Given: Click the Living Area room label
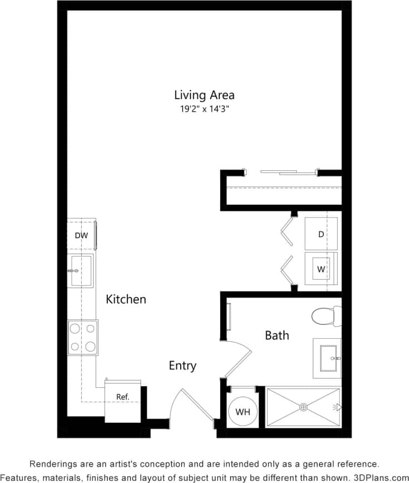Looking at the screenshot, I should (204, 95).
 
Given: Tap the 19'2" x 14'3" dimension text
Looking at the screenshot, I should (204, 109).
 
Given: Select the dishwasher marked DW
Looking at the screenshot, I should (82, 235).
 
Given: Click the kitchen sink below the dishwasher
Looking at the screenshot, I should (81, 270).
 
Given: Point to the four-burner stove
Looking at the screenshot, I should (82, 337).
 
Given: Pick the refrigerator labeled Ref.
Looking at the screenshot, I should (123, 397).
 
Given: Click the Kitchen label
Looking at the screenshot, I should (126, 299).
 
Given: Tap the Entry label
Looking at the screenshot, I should (182, 366).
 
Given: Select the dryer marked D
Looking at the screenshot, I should (321, 234).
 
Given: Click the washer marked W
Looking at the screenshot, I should (321, 269).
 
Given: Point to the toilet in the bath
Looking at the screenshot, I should (326, 317).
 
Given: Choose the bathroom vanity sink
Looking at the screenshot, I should (327, 354).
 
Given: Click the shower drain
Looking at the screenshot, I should (303, 407).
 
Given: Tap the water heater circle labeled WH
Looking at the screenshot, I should (242, 412).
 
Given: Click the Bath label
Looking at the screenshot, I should (277, 336).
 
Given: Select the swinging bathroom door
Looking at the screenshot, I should (240, 362).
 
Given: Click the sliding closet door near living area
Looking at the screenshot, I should (289, 172).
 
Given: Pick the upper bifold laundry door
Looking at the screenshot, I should (287, 230).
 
